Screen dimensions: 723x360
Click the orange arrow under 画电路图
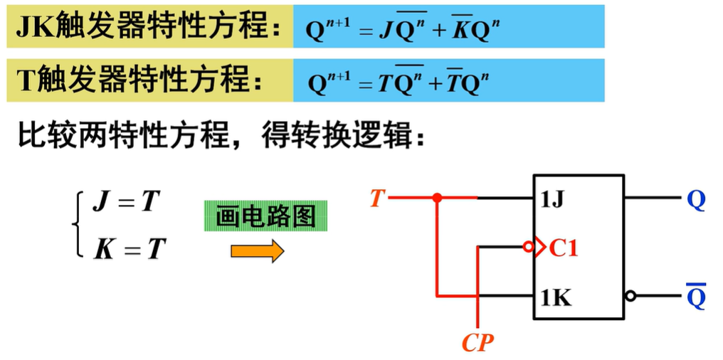[258, 250]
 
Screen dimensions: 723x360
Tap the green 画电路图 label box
[265, 216]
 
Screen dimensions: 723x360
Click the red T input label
[377, 199]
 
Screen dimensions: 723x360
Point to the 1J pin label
[553, 201]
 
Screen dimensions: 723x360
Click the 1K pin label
[556, 299]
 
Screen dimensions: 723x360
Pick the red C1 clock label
[563, 249]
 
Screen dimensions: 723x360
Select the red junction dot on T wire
[437, 198]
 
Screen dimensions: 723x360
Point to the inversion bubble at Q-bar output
[630, 296]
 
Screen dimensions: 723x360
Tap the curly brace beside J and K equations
[77, 226]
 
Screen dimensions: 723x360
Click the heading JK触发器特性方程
[149, 27]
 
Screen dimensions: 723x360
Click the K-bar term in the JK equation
[458, 31]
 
